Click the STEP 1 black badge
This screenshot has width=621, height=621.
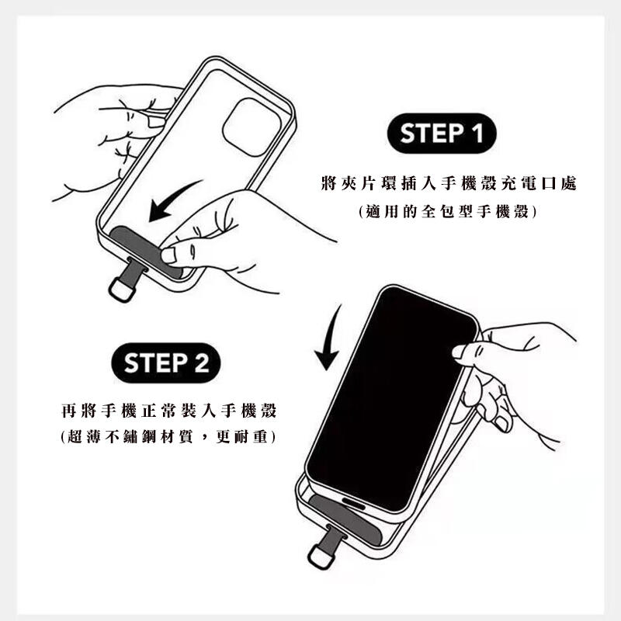click(441, 133)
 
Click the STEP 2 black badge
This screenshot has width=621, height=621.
click(166, 363)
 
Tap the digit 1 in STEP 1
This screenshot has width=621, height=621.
click(478, 133)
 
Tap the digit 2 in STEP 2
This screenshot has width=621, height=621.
click(202, 363)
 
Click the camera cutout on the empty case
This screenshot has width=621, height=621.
click(252, 127)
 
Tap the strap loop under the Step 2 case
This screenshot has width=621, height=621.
click(321, 557)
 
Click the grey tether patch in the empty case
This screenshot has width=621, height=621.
click(144, 252)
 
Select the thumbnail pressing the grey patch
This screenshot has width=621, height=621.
click(168, 255)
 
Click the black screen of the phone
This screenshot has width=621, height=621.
click(392, 398)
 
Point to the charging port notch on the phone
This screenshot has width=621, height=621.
click(354, 503)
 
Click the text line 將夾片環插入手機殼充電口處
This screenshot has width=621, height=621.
click(449, 183)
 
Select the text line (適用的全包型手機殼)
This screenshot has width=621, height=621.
click(448, 211)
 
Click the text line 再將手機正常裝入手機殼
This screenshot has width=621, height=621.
click(169, 411)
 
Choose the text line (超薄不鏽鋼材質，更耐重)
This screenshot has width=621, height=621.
click(168, 437)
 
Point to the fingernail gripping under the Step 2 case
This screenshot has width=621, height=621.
click(501, 423)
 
